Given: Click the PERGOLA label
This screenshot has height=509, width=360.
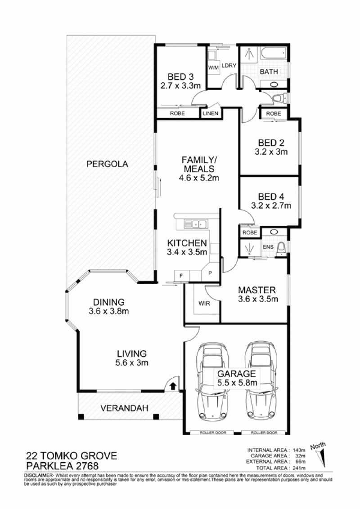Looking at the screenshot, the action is pyautogui.click(x=107, y=164).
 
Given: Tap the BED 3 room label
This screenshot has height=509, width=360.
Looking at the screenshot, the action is pyautogui.click(x=180, y=77).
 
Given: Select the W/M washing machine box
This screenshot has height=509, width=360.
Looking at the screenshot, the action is pyautogui.click(x=213, y=68).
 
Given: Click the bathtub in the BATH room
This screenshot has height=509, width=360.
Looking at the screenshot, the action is pyautogui.click(x=273, y=53).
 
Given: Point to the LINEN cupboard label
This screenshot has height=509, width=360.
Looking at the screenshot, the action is pyautogui.click(x=211, y=114).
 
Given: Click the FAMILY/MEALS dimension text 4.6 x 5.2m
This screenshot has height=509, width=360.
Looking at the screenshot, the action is pyautogui.click(x=199, y=178).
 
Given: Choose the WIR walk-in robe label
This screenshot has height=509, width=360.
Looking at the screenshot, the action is pyautogui.click(x=204, y=304).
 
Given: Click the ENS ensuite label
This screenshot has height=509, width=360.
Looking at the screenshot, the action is pyautogui.click(x=268, y=247).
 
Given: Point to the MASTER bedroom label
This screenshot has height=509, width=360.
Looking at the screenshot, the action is pyautogui.click(x=256, y=290).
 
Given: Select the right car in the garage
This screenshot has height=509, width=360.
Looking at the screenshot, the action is pyautogui.click(x=260, y=382).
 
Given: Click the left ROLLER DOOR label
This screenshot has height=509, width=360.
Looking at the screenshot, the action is pyautogui.click(x=213, y=433).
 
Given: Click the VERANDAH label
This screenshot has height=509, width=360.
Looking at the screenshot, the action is pyautogui.click(x=124, y=408).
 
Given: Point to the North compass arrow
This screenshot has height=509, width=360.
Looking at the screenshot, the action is pyautogui.click(x=323, y=458).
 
